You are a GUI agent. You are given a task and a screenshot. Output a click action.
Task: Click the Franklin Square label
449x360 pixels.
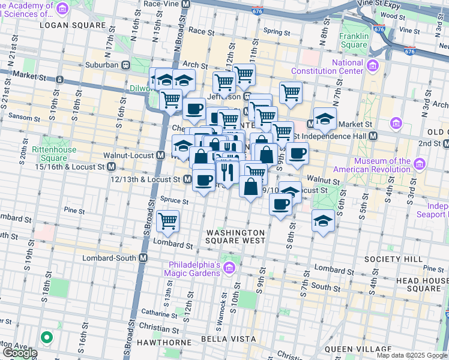353,40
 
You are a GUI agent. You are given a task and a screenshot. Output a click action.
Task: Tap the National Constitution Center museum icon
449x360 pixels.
373,65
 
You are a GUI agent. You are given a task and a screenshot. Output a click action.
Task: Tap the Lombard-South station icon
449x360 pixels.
143,258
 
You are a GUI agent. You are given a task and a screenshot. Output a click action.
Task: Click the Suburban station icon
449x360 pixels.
126,65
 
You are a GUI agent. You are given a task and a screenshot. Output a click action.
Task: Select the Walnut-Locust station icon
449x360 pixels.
160,155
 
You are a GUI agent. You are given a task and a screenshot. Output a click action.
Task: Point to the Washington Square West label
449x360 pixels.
236,236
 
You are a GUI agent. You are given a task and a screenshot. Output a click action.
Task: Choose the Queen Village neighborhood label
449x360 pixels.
357,349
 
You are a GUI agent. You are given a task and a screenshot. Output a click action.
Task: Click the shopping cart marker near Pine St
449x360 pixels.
167,221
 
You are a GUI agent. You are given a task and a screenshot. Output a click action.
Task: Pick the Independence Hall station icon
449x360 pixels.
373,136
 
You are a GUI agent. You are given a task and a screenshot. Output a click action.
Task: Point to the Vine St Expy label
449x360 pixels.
421,4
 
